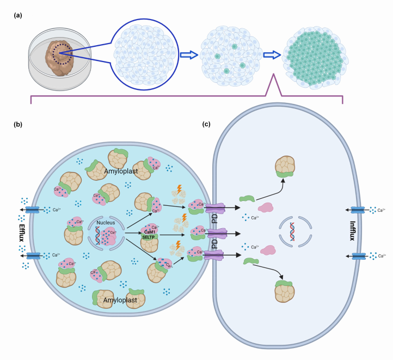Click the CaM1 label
(150, 216)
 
